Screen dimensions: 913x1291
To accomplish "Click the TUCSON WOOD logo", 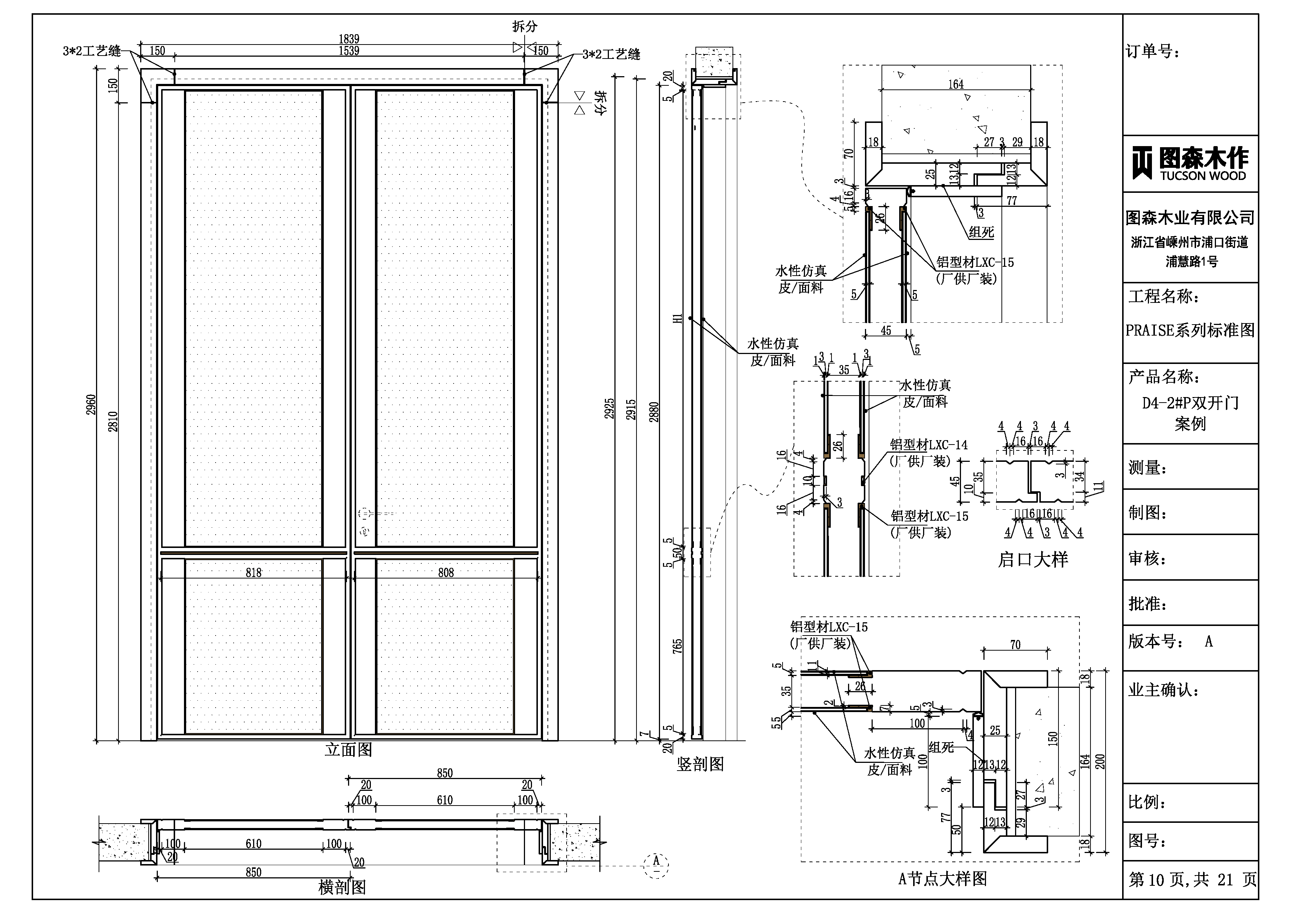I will coord(1190,163).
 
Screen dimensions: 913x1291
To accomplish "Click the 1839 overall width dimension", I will coord(349,39).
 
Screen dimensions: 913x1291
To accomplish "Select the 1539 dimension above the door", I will coord(349,51).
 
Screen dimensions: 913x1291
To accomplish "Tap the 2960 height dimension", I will coord(91,405).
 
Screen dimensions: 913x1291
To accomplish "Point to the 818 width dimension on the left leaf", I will coord(253,573).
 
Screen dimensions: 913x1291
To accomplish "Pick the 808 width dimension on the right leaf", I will coord(446,573).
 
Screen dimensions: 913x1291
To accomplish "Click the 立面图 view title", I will coord(349,750).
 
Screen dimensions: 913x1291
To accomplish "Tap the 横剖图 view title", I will coord(342,888).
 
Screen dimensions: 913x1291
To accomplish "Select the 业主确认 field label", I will coord(1163,691).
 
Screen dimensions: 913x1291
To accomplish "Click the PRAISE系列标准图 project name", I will coord(1190,330).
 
